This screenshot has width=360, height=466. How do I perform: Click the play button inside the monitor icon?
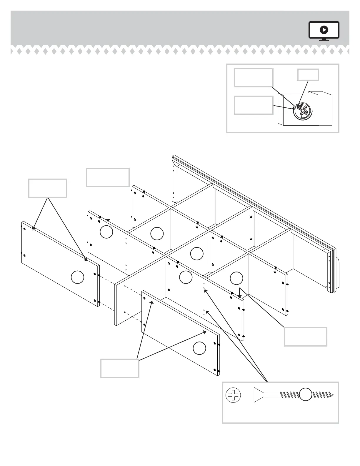point(324,30)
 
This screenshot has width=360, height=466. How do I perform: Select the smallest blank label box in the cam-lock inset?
point(308,75)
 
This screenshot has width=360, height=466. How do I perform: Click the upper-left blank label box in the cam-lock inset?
point(254,78)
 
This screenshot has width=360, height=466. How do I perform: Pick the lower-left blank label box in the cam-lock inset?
point(254,105)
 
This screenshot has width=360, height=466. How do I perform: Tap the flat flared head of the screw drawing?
point(258,395)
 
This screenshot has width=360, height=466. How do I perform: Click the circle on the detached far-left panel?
point(78,277)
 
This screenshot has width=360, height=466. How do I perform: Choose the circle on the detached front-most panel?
point(199,348)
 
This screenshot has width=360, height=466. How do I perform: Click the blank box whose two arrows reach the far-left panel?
point(48,188)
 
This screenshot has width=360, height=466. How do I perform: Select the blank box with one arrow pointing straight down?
point(108,177)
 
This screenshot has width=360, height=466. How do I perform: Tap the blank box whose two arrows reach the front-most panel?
point(120,368)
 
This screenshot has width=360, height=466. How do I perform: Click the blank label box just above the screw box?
point(305,337)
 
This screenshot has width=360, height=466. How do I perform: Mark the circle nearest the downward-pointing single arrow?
point(106,232)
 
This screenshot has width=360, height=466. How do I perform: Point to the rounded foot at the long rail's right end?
point(338,274)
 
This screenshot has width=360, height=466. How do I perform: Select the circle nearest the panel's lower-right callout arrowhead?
point(236,278)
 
